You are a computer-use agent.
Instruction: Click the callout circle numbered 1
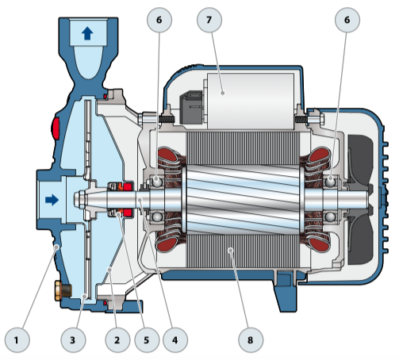click(17, 340)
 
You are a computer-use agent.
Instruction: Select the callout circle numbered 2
click(117, 340)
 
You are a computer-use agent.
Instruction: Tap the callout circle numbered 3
click(73, 340)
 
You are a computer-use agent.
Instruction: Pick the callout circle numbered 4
click(175, 340)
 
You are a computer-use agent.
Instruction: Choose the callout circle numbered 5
click(147, 340)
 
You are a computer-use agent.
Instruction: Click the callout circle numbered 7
click(209, 20)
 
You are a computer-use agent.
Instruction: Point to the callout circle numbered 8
click(251, 340)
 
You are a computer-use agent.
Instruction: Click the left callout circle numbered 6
click(159, 20)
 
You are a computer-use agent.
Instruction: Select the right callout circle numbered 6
click(347, 20)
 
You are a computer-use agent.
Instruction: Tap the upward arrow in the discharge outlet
click(87, 34)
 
